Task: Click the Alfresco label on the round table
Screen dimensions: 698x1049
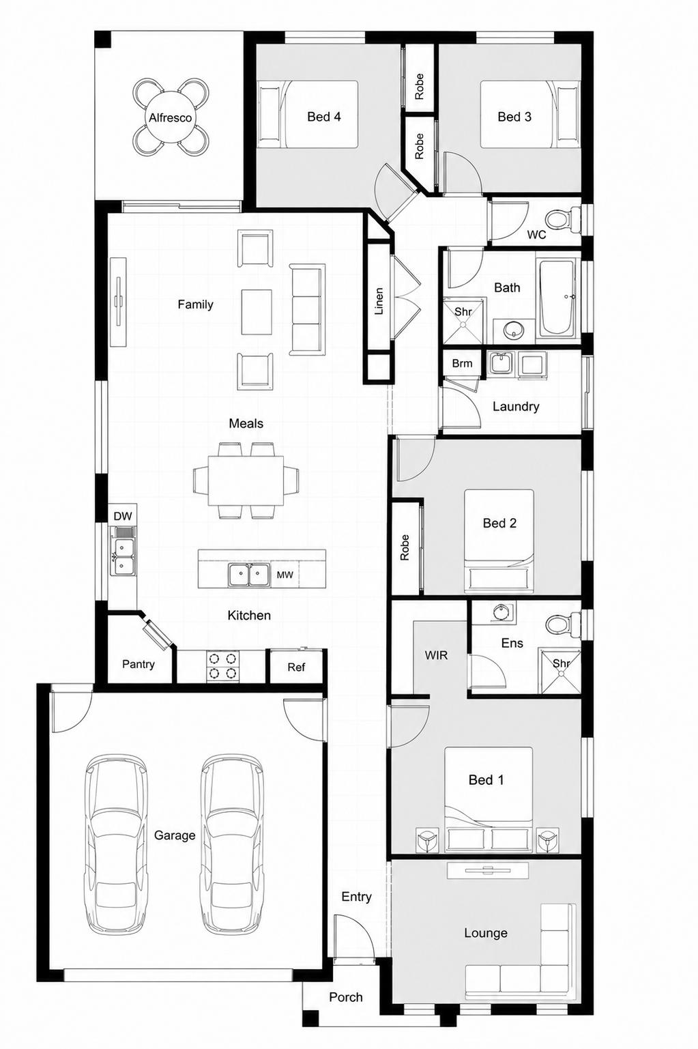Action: pos(170,117)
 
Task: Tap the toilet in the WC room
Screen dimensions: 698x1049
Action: pos(560,219)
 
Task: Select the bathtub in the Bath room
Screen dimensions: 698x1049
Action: pos(557,299)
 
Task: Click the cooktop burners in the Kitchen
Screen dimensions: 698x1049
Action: pos(222,666)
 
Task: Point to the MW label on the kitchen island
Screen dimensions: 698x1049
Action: pos(285,575)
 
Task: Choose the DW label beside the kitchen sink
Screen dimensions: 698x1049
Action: pos(123,516)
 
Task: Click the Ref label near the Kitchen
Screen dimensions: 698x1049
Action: pos(296,667)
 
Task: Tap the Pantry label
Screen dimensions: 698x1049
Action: pos(138,664)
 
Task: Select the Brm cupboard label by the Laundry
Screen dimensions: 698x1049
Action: pos(462,363)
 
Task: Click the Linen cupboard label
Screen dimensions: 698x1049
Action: pos(379,301)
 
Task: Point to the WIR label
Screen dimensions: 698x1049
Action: pos(436,655)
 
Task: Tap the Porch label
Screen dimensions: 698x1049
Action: pos(346,997)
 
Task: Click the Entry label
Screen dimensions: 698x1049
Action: pos(356,897)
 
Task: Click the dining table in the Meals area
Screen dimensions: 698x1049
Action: pos(246,480)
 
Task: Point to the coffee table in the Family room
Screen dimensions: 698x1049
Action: pos(257,312)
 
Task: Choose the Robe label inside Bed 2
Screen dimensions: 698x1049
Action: pos(405,547)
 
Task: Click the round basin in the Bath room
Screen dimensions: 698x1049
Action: pos(513,330)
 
